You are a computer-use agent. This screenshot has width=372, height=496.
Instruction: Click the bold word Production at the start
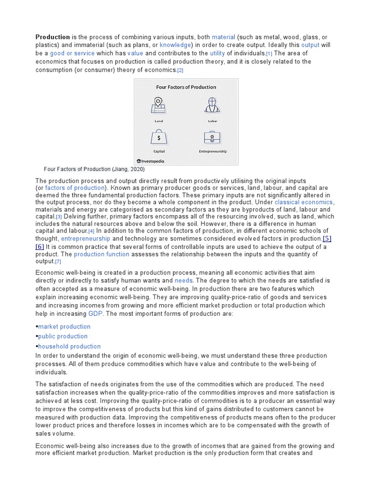53,37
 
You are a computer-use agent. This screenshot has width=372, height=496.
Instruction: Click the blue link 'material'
223,37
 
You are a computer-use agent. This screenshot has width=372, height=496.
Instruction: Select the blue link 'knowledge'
176,45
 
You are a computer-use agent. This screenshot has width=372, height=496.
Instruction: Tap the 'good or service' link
72,53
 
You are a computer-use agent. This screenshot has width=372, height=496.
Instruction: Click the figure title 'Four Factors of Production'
186,87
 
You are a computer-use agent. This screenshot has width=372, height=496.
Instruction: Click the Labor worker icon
212,104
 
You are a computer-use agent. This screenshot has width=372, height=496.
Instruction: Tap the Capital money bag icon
159,138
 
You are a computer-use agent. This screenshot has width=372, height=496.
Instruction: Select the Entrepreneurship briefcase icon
212,138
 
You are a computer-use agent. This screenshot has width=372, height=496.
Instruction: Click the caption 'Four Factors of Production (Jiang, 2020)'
94,170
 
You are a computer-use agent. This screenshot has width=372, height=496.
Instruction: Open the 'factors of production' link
75,188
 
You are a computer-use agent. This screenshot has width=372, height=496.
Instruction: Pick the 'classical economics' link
304,202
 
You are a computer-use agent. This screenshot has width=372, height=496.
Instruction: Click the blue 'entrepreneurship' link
86,239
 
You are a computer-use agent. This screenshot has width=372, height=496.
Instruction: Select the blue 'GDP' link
95,314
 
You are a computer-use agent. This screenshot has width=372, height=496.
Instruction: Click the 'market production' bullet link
64,326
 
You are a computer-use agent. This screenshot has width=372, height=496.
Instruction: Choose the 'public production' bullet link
63,336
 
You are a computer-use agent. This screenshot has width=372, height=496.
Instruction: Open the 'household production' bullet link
69,346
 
